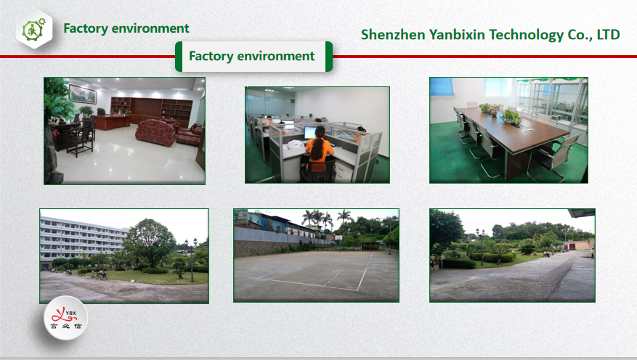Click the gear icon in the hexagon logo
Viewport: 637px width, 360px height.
point(33,30)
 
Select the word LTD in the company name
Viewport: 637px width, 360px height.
point(608,35)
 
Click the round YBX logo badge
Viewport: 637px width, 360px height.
point(65,318)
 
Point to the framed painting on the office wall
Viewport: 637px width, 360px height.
point(83,94)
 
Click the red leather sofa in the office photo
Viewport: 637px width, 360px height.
point(155,132)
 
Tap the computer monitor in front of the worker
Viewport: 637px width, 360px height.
point(310,133)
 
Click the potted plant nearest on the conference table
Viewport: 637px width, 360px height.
point(511,117)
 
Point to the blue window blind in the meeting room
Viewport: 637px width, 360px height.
point(442,86)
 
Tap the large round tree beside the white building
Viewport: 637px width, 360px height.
point(149,242)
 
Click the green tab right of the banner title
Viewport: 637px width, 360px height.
point(328,57)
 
